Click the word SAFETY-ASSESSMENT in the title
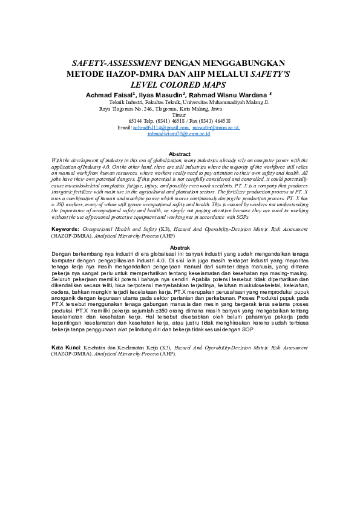117,63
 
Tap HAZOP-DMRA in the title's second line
143,74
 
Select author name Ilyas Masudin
161,96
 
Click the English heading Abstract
180,154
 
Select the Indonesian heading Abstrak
180,248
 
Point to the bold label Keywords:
65,230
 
